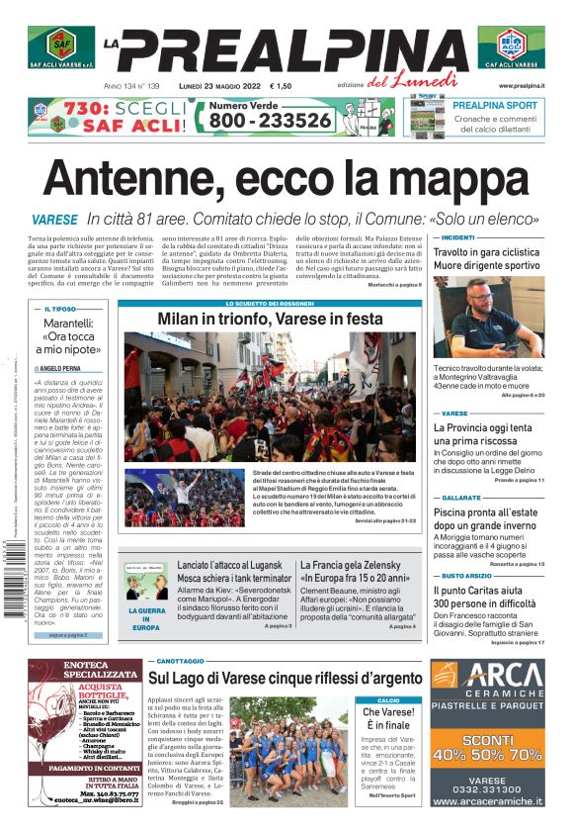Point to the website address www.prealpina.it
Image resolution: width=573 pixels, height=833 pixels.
coord(521,86)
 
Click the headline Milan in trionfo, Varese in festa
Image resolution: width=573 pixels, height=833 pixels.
coord(269,320)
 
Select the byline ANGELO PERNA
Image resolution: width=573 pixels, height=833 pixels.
coord(68,367)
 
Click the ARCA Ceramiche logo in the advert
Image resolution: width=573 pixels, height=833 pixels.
coord(488,685)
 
